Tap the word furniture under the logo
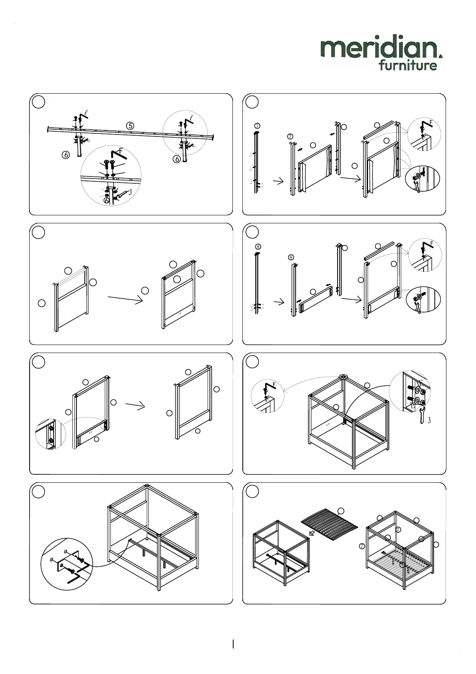point(408,65)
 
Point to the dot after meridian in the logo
point(441,56)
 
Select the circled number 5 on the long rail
point(130,125)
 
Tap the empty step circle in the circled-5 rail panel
point(38,102)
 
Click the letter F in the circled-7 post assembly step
point(431,122)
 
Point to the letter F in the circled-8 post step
point(431,244)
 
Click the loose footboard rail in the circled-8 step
point(315,300)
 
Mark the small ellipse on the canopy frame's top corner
point(343,377)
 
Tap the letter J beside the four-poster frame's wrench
point(429,420)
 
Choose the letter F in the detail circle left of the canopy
point(274,385)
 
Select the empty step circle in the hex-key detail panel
point(38,492)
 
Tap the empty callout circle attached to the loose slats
point(341,511)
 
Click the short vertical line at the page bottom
point(233,644)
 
